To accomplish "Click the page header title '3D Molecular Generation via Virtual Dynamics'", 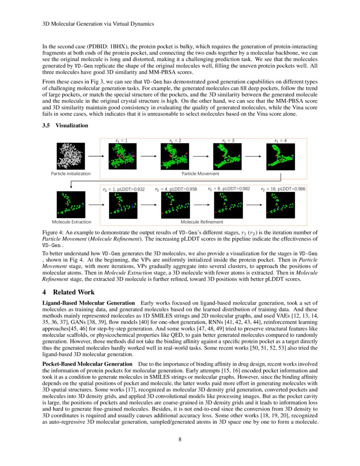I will (x=98, y=24).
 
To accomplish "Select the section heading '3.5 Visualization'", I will (x=65, y=125).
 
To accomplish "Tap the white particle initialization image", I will (x=71, y=156).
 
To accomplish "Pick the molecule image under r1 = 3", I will (x=227, y=156).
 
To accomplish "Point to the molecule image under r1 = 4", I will (x=280, y=156).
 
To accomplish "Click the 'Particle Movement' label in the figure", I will (x=200, y=174).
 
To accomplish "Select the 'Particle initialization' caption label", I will (x=71, y=174).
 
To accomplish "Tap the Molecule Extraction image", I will (x=71, y=205).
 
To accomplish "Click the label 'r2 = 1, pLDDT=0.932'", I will (x=124, y=189).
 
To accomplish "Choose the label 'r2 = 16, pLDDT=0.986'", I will (x=283, y=189).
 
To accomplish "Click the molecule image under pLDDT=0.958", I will (x=175, y=205).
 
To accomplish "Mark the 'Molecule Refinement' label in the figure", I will (x=202, y=222).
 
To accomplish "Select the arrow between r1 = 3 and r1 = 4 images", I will (x=253, y=156).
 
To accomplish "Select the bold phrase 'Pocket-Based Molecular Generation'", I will (x=88, y=364).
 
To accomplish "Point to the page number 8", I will (x=180, y=439).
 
